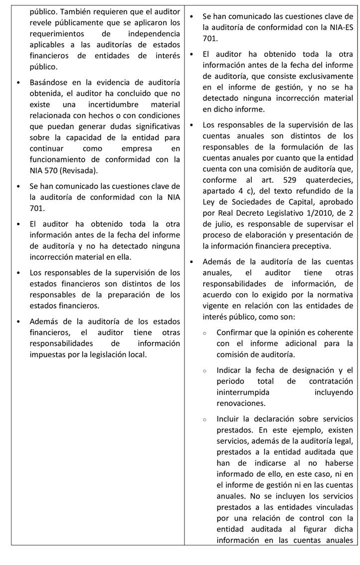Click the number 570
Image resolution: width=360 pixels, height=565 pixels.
tap(52, 170)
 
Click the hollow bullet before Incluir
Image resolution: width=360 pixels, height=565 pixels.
tap(205, 420)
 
